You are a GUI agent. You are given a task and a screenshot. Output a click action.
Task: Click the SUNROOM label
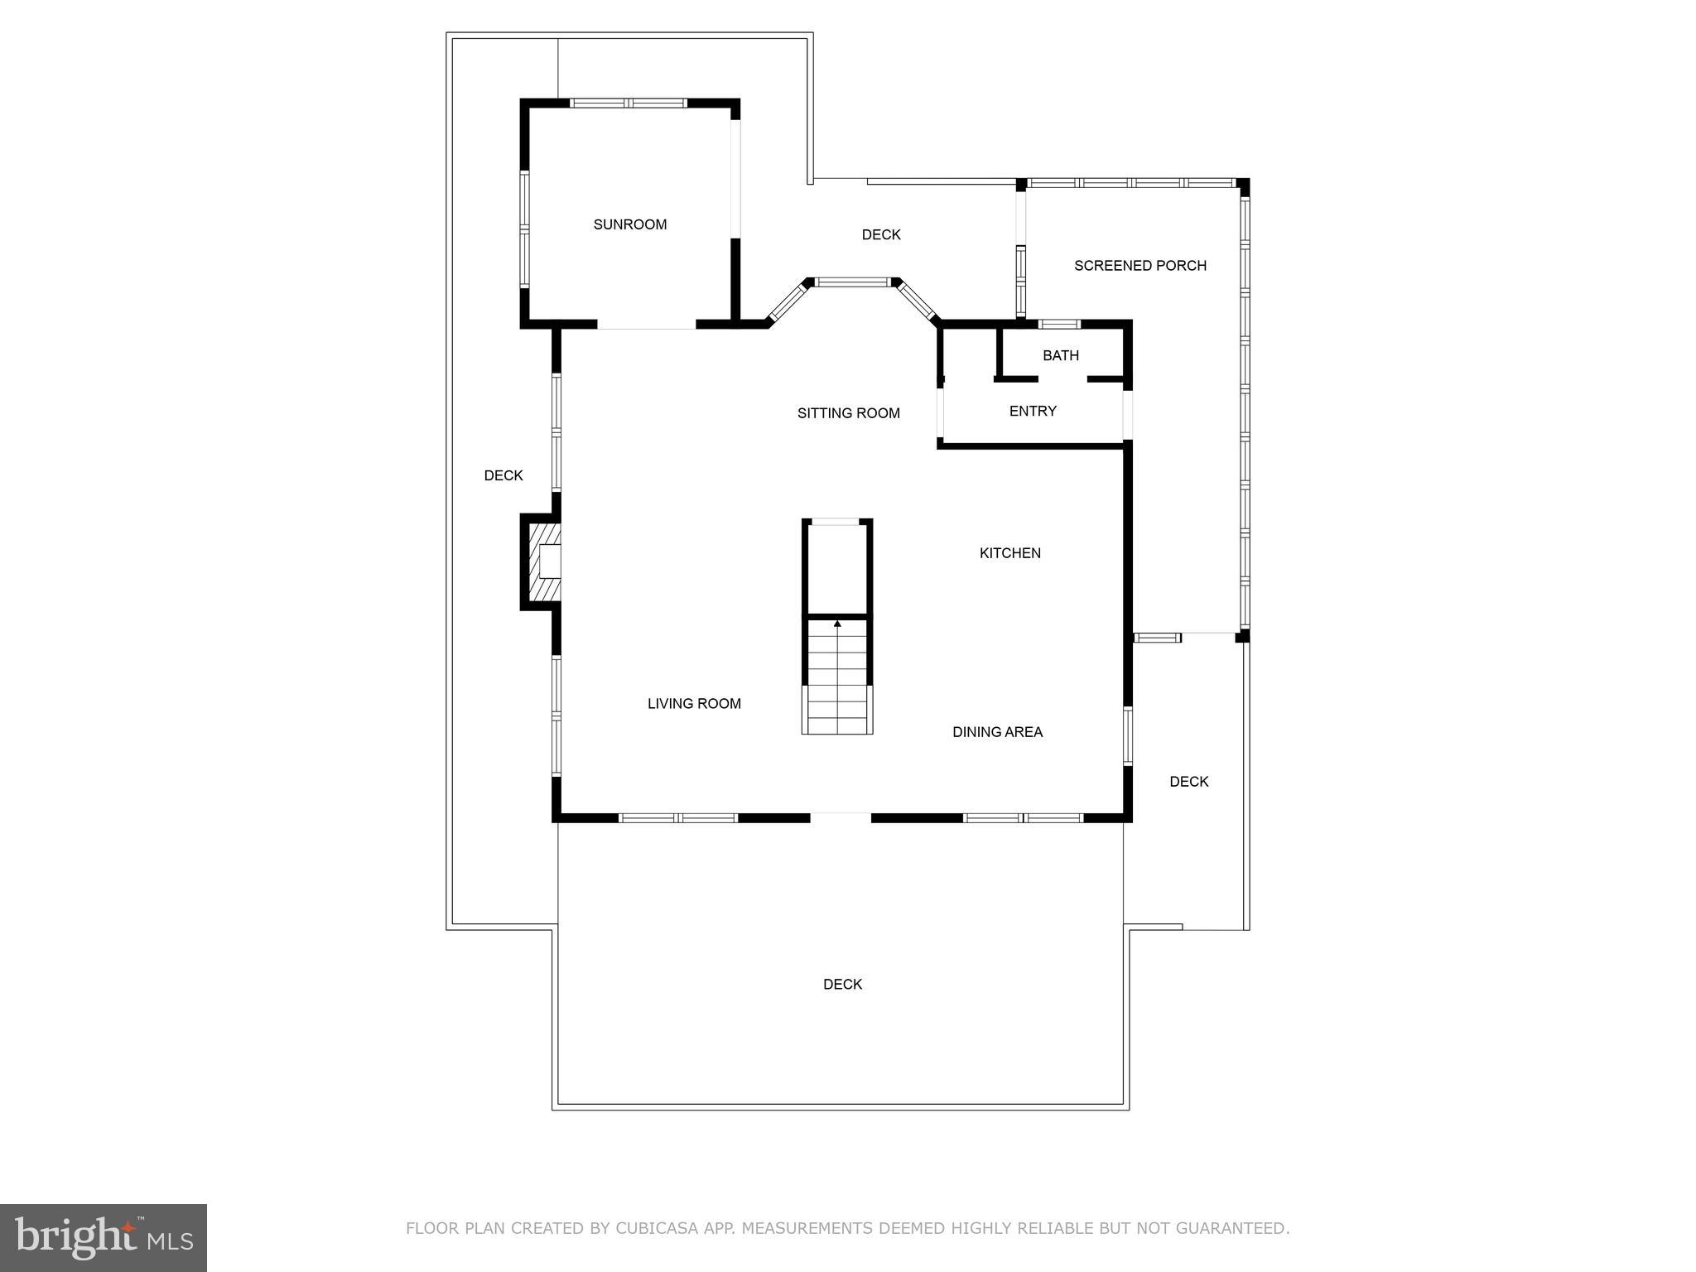click(x=629, y=224)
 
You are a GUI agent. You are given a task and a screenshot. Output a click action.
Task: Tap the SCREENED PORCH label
click(x=1139, y=266)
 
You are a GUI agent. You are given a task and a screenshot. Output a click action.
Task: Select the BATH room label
click(x=1060, y=355)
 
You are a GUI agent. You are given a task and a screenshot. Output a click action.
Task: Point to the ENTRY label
click(x=1032, y=411)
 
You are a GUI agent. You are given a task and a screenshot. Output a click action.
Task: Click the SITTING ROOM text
click(x=848, y=413)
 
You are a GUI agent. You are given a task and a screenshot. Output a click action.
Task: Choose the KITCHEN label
click(x=1009, y=553)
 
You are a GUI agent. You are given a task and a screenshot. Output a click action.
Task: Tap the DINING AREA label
click(x=997, y=732)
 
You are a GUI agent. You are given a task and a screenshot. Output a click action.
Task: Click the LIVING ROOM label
click(x=694, y=704)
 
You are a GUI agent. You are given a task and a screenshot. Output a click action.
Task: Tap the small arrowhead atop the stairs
click(x=837, y=623)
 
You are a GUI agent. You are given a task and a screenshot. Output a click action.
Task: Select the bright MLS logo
click(x=104, y=1237)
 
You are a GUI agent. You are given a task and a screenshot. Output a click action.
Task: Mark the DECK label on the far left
click(x=503, y=475)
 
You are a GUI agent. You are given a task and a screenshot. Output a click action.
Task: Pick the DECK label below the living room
click(x=842, y=985)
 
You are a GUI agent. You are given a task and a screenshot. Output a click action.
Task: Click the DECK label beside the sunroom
click(x=880, y=235)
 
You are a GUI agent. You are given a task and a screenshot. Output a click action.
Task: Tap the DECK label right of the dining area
click(x=1188, y=782)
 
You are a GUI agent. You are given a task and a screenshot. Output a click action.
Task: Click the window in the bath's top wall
click(x=1059, y=324)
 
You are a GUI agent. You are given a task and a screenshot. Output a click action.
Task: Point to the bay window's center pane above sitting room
click(x=853, y=282)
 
